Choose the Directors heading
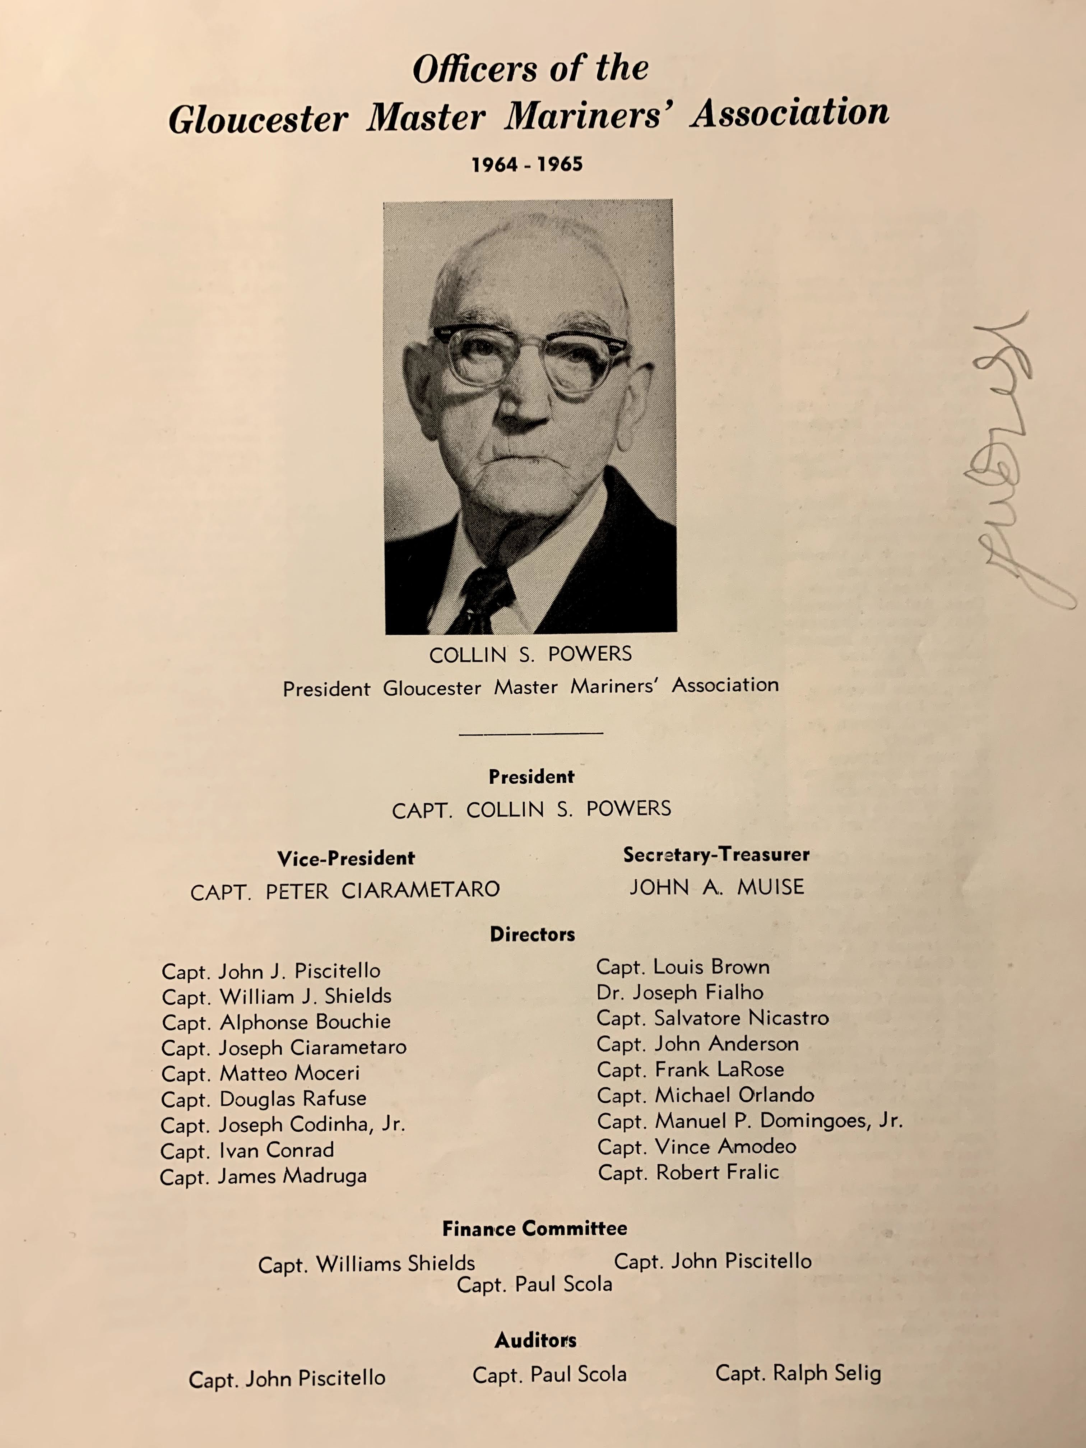(x=532, y=934)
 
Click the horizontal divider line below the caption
(x=531, y=733)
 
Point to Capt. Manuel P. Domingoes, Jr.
(x=749, y=1121)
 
